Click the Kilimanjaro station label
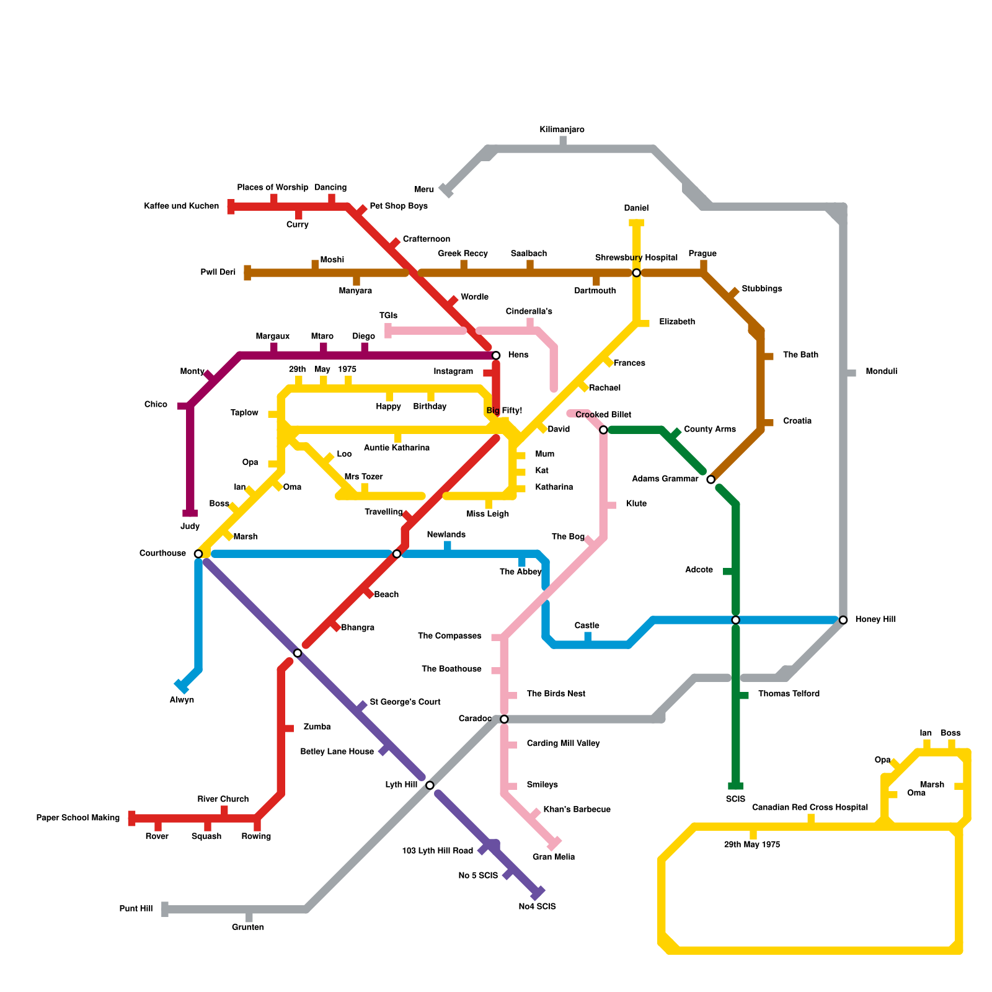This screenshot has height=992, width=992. click(562, 130)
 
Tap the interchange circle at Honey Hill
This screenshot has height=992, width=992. click(843, 620)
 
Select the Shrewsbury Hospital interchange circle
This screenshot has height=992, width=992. click(636, 273)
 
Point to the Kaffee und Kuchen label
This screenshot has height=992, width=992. click(181, 206)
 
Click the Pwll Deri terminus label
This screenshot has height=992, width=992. click(218, 272)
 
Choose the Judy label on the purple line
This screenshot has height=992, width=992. click(190, 526)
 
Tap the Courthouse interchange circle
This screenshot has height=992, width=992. click(198, 554)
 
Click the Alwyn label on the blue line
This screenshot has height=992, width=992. click(182, 700)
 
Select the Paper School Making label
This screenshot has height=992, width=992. click(77, 818)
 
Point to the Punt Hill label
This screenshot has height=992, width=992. click(136, 909)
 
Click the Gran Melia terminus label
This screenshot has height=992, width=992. click(554, 857)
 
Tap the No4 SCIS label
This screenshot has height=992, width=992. click(537, 906)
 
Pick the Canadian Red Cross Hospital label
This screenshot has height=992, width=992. click(810, 807)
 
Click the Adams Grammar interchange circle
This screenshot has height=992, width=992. click(711, 479)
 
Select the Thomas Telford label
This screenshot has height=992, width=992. click(789, 694)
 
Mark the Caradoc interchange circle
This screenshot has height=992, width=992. click(504, 719)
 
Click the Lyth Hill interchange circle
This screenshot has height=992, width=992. click(430, 786)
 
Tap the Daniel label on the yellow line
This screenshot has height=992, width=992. click(636, 208)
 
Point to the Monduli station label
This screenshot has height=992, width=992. click(881, 371)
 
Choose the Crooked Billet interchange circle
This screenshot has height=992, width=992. click(603, 430)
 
